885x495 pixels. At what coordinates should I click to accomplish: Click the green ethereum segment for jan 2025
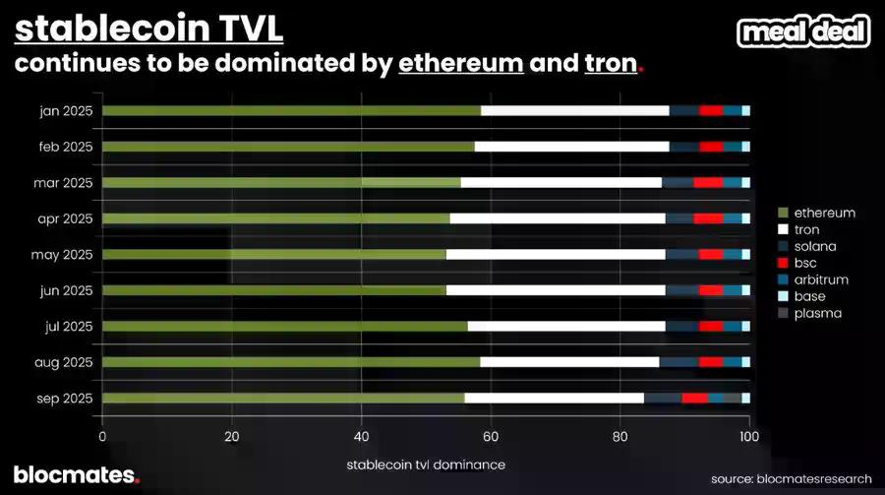[291, 110]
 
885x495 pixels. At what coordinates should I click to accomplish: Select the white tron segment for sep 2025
[554, 398]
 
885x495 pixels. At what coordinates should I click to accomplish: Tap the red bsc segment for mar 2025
[708, 182]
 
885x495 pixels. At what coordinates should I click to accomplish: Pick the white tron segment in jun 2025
[556, 290]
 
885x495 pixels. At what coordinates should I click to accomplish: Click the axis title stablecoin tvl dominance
[426, 464]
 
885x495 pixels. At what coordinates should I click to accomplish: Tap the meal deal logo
[804, 31]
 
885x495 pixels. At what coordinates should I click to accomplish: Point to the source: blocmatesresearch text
[792, 478]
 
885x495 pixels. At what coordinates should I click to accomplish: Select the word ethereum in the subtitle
[460, 66]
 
